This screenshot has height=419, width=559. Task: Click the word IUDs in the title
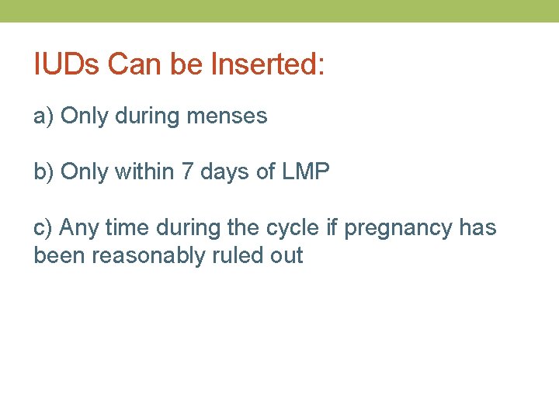(x=67, y=64)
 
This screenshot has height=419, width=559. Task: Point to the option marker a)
(x=43, y=116)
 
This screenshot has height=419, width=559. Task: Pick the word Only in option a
(x=84, y=116)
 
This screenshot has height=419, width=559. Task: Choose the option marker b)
(x=43, y=171)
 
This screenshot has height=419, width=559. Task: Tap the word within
(x=144, y=171)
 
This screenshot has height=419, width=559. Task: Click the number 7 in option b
(x=187, y=171)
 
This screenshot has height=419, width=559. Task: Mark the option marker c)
(x=43, y=228)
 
